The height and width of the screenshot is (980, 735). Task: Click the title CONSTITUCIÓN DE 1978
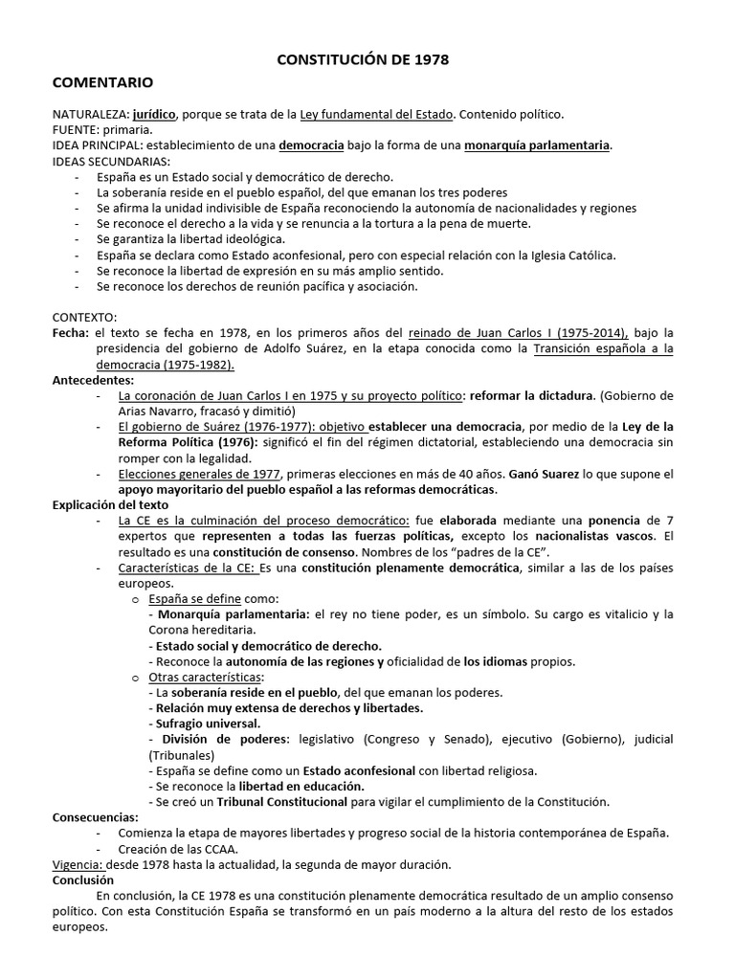(362, 59)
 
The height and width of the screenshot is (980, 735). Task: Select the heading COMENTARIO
(102, 83)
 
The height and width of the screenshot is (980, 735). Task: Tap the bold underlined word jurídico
(156, 114)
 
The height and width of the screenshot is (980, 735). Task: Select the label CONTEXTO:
(84, 317)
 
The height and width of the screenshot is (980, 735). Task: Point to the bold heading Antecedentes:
(92, 380)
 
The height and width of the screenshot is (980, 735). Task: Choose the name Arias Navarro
(159, 412)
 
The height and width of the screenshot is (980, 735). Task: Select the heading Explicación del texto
(110, 504)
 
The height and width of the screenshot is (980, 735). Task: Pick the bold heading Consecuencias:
(96, 817)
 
